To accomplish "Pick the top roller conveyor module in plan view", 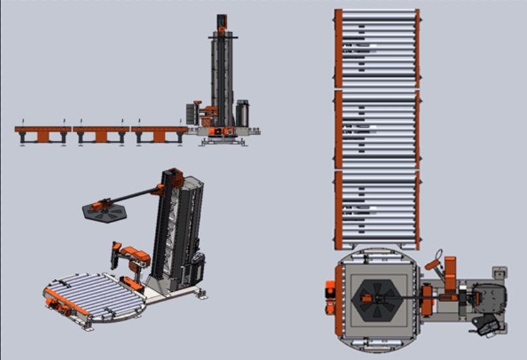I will (377, 48).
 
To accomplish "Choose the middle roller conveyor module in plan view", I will (377, 129).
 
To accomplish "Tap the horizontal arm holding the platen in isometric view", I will (135, 195).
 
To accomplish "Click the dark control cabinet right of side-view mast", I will (243, 113).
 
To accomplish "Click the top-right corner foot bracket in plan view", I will (500, 271).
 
